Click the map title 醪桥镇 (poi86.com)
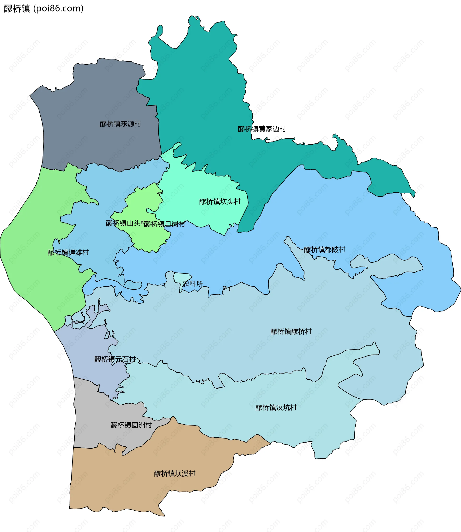point(43,8)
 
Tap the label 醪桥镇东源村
point(120,124)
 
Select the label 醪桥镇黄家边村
point(262,129)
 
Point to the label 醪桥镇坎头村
point(220,202)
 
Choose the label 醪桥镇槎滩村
point(68,253)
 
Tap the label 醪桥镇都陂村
point(324,249)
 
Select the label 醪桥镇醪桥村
point(291,331)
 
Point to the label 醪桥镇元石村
point(115,359)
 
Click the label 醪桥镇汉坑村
point(276,408)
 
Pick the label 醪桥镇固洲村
point(131,425)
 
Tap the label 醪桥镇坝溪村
point(175,473)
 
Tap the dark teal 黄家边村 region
point(201,90)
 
